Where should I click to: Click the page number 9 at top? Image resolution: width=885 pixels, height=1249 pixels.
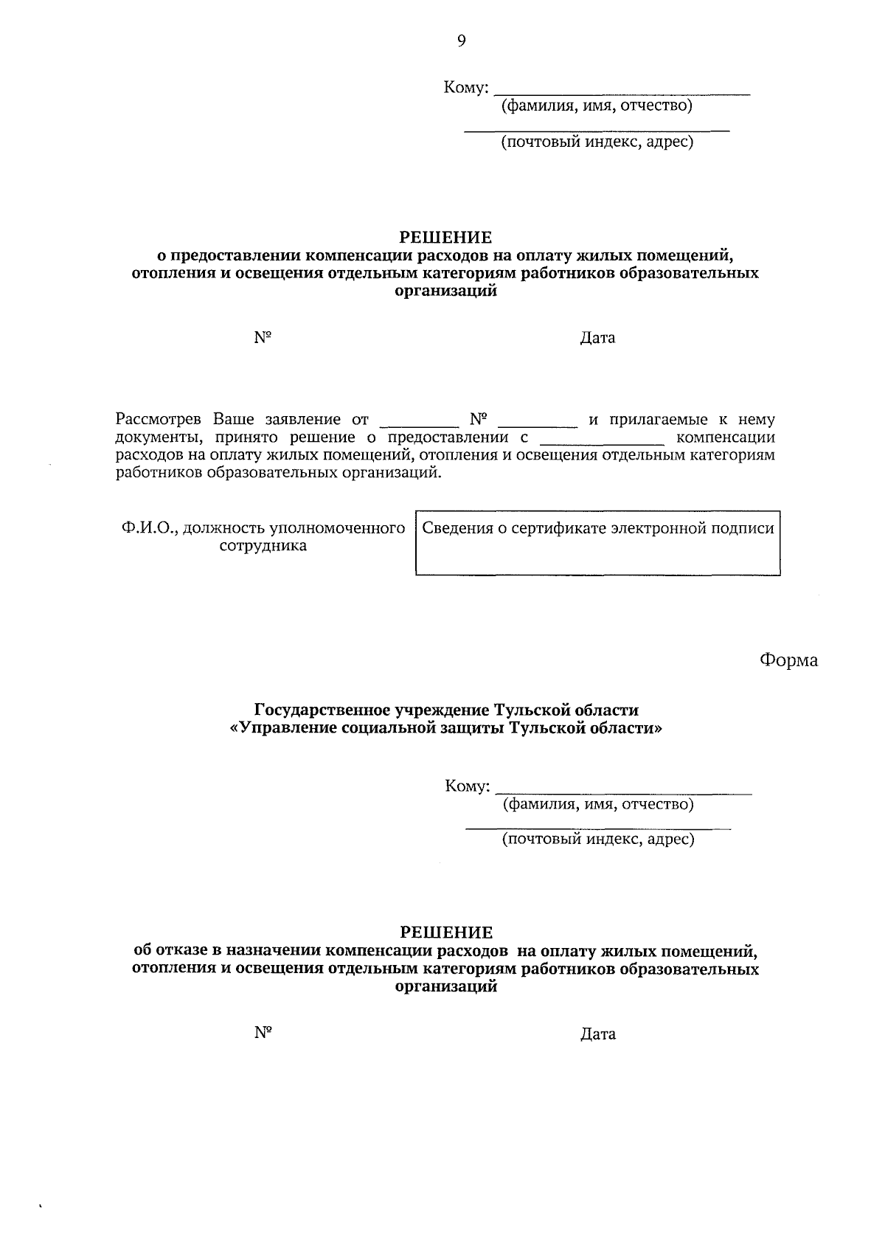tap(462, 41)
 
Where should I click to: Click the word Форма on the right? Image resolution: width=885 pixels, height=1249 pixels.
tap(788, 660)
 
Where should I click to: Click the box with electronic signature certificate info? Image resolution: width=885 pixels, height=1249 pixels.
tap(598, 543)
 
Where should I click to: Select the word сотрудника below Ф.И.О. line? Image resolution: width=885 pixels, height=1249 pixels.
tap(263, 547)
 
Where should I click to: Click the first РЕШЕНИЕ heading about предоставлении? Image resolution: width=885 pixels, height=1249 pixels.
tap(445, 238)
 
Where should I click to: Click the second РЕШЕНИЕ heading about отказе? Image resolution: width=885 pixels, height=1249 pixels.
tap(445, 933)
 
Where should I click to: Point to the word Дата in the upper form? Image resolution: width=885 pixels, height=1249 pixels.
tap(597, 338)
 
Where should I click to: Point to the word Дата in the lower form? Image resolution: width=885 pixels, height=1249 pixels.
tap(597, 1034)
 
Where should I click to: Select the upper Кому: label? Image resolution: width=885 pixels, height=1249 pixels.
tap(466, 89)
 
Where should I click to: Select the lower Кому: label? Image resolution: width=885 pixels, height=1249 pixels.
tap(468, 786)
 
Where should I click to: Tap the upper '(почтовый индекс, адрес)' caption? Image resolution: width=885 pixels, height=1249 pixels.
tap(597, 142)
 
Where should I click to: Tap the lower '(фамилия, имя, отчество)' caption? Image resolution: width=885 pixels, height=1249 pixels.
tap(598, 804)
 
